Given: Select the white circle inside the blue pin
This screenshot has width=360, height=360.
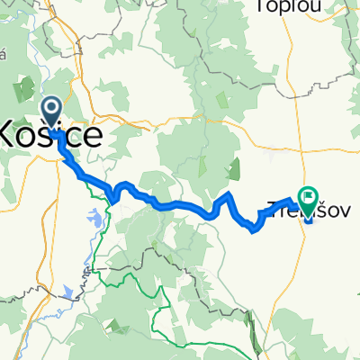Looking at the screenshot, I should pyautogui.click(x=51, y=110).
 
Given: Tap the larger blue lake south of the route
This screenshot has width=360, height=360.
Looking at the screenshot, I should pyautogui.click(x=94, y=218).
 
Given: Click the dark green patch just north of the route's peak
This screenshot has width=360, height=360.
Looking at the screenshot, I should pyautogui.click(x=236, y=167).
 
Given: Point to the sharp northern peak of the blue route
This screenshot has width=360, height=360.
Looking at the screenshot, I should pyautogui.click(x=229, y=193).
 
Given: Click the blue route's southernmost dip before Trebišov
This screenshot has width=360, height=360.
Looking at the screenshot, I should pyautogui.click(x=255, y=230).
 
